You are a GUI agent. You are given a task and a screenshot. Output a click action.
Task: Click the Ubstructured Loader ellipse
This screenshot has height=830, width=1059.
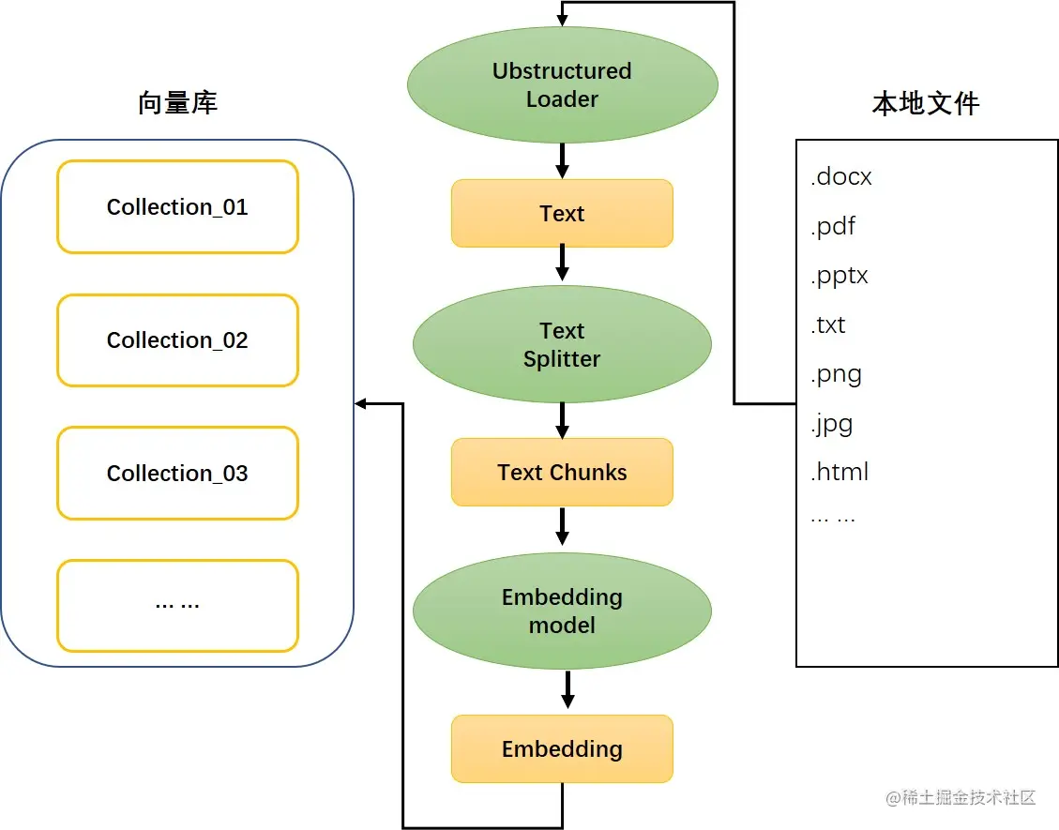562,85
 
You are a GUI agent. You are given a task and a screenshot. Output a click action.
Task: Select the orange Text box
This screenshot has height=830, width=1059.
562,214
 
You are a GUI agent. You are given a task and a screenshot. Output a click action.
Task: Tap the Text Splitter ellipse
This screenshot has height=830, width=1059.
562,344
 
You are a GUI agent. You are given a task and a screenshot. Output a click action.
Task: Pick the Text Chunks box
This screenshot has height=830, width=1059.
562,473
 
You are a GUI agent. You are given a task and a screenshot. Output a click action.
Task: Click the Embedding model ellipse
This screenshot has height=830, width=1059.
562,611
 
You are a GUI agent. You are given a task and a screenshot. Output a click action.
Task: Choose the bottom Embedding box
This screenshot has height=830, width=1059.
562,748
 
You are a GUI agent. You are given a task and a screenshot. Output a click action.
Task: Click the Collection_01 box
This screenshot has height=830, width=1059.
177,207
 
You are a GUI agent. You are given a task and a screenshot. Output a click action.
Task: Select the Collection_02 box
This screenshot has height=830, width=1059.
177,340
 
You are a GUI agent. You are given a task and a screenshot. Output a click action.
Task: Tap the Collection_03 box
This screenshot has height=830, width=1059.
177,474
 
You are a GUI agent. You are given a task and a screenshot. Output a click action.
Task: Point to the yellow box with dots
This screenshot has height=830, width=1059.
177,606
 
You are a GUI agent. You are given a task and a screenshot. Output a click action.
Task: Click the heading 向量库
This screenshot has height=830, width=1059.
177,102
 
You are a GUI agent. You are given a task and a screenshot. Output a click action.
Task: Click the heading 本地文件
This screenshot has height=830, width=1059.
926,102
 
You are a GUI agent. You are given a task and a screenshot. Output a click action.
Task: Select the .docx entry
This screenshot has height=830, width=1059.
840,177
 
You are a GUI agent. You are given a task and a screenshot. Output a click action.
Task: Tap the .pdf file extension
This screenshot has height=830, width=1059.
833,227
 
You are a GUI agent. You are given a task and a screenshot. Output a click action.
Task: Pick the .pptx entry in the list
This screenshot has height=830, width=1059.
839,277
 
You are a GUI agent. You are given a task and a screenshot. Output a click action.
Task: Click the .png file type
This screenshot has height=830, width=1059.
835,375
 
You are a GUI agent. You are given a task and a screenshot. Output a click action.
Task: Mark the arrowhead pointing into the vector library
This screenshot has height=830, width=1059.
361,404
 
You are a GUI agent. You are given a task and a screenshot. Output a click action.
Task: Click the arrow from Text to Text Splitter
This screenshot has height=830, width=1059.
562,264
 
